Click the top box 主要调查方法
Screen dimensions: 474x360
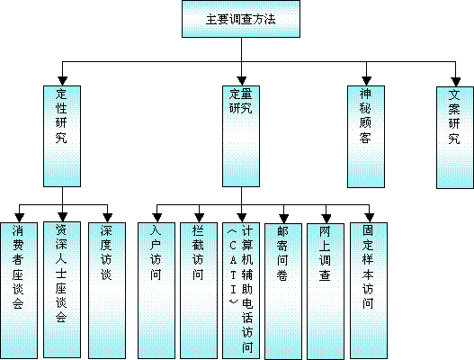click(241, 19)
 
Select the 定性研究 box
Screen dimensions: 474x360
click(62, 136)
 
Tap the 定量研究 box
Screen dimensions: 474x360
click(241, 136)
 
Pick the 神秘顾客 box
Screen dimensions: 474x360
click(366, 137)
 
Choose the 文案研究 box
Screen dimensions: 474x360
click(455, 138)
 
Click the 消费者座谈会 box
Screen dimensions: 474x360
click(19, 291)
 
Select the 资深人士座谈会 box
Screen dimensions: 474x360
click(62, 290)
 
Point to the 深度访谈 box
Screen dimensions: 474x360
click(107, 291)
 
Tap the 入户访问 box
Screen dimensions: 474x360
click(157, 291)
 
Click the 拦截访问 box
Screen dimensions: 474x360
click(199, 291)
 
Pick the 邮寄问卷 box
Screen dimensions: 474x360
click(283, 292)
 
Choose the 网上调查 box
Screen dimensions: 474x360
click(326, 292)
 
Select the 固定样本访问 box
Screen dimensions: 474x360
click(369, 291)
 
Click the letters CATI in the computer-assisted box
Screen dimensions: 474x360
click(233, 267)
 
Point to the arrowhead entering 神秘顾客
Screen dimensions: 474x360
click(366, 81)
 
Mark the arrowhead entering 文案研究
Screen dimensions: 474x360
click(455, 82)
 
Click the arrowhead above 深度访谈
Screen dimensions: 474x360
click(108, 218)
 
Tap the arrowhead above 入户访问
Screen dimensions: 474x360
click(157, 218)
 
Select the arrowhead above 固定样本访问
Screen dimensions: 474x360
click(369, 218)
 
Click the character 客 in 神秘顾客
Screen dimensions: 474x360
click(365, 138)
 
